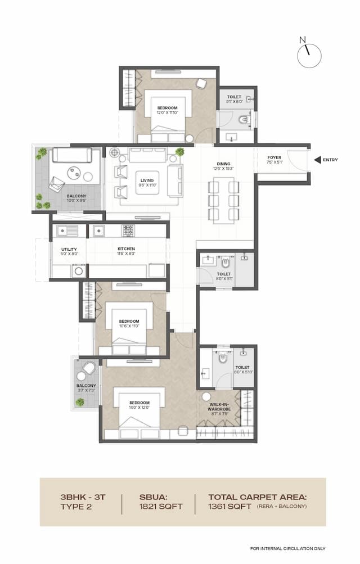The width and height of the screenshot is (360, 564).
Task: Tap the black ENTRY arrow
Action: (318, 160)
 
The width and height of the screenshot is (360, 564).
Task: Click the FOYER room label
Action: (274, 158)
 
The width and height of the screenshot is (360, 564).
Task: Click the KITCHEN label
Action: (126, 249)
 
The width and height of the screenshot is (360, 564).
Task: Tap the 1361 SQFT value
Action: (229, 506)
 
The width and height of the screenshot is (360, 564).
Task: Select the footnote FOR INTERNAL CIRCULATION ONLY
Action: (288, 548)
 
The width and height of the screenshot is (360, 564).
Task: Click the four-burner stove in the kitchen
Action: (128, 230)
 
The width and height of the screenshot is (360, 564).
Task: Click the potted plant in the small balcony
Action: (80, 402)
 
